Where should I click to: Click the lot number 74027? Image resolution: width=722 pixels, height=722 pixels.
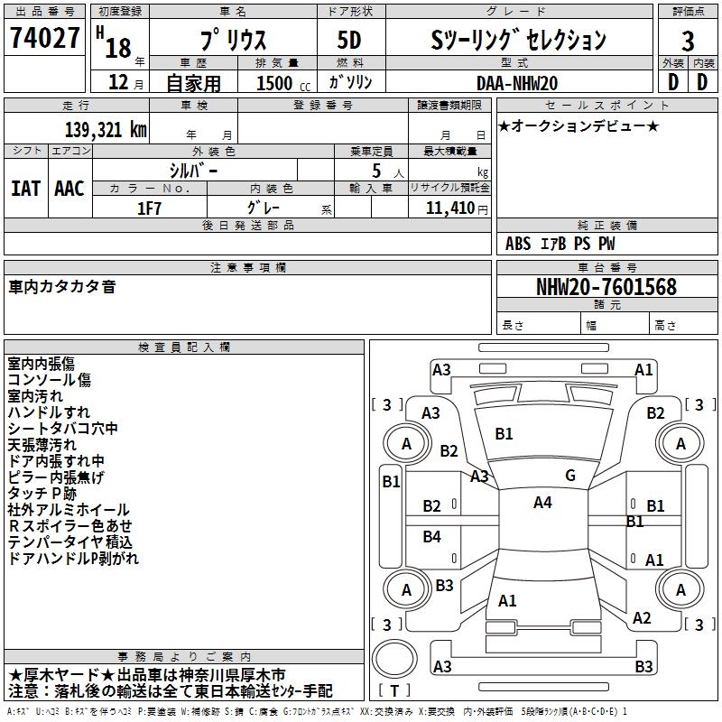pos(44,39)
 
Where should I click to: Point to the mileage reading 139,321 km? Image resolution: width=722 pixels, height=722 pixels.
pos(106,130)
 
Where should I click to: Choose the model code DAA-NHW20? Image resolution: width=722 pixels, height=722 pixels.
pos(516,82)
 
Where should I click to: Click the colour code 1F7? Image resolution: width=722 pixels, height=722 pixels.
pos(150,208)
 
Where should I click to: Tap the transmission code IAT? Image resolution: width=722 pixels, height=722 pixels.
pos(25,188)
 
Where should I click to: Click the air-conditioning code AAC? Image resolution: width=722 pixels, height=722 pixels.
pos(69,188)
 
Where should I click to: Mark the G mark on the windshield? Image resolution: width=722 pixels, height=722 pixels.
pos(569,476)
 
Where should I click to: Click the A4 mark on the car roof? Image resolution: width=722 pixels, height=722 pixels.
pos(541,503)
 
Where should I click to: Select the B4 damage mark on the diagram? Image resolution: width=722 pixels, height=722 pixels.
pos(432,537)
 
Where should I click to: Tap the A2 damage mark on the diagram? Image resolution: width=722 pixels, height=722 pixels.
pos(642,618)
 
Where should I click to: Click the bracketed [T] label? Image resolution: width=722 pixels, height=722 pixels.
pos(394,691)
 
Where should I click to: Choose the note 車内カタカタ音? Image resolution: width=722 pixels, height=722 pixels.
pos(62,287)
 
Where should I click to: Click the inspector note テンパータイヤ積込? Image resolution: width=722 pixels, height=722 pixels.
pos(70,542)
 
